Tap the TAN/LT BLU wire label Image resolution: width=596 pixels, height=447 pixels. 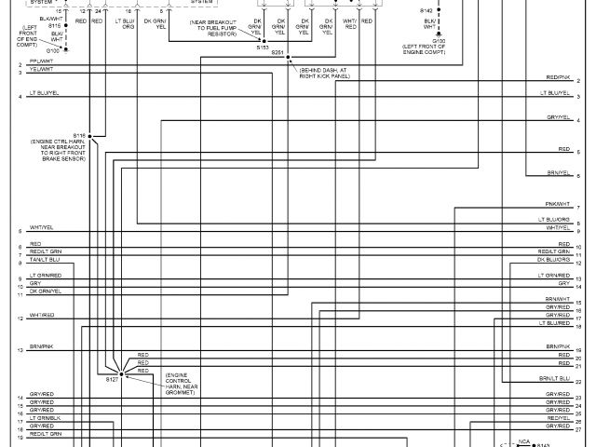[45, 260]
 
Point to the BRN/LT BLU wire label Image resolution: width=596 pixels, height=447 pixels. [554, 380]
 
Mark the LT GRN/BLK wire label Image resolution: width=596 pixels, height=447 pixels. [45, 418]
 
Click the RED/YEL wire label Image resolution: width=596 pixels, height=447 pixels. [558, 418]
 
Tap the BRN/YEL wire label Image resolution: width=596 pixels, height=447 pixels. [558, 172]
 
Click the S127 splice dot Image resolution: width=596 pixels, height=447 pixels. [121, 372]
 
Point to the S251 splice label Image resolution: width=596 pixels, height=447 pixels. [277, 53]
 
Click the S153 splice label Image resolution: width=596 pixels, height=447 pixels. [263, 46]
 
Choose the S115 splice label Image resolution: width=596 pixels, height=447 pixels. [54, 25]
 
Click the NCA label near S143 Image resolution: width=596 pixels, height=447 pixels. [524, 440]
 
